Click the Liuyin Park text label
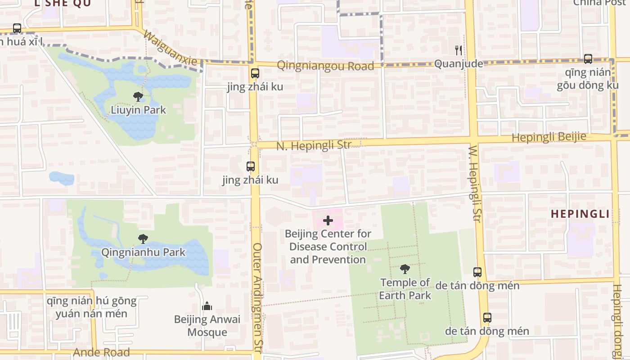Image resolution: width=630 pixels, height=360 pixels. point(139,110)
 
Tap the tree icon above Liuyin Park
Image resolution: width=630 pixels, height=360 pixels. point(138,96)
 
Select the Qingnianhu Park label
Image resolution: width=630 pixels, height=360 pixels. point(143,252)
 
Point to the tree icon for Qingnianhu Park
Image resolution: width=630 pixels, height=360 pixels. point(143,238)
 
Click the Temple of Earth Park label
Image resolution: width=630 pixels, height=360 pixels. point(405,289)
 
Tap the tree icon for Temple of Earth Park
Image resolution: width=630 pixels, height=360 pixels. point(405,269)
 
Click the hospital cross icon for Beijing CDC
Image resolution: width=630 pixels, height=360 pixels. point(328,220)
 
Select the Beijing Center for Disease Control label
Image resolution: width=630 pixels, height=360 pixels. point(328,247)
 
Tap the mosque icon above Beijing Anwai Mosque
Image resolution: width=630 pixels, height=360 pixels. point(207,306)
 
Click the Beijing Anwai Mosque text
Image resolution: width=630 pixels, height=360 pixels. point(207,326)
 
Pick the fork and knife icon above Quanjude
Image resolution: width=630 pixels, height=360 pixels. point(459,50)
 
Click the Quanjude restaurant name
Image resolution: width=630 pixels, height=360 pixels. point(459,64)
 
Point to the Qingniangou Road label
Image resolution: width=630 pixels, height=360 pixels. point(325,66)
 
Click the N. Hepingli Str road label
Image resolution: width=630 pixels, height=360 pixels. point(314,146)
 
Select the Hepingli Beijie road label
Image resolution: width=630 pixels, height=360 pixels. point(549,137)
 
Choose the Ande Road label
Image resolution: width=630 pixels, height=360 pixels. point(101,352)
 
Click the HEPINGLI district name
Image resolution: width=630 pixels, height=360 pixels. point(580,214)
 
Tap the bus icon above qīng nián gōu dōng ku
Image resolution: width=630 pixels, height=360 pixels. point(588,58)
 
